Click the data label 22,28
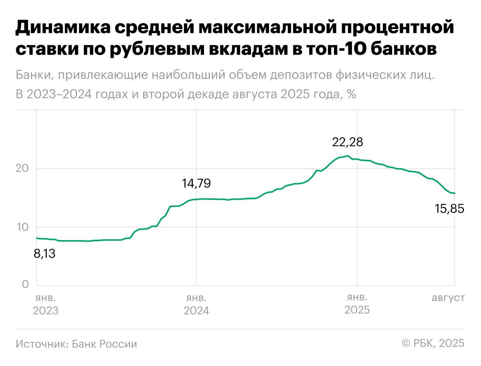coord(347,143)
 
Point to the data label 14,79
coord(196,184)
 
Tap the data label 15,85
coord(449,209)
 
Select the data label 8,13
coord(45,254)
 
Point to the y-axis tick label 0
coord(26,285)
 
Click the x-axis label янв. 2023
coord(46,304)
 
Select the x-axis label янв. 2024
coord(196,304)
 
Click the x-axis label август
coord(448,298)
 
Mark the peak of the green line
coord(348,156)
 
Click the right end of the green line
coord(454,193)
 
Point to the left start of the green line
coord(36,238)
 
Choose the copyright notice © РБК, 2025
coord(433,344)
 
